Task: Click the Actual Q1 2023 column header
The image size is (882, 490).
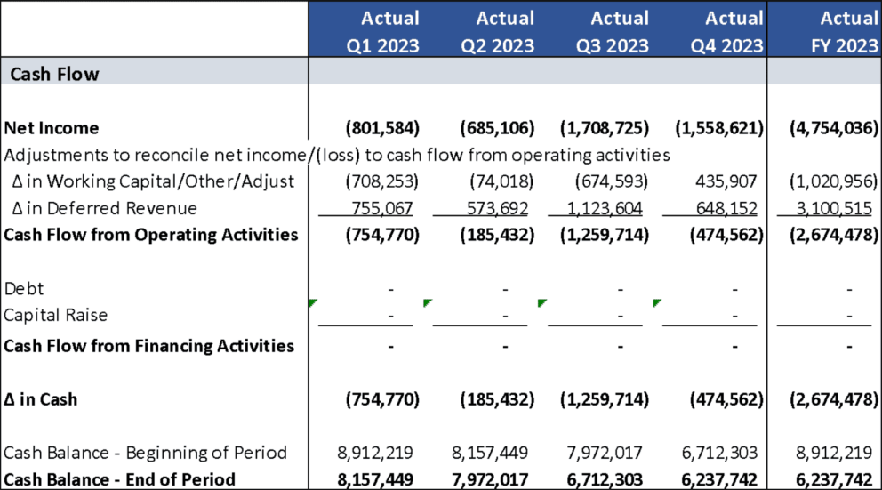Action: click(x=366, y=31)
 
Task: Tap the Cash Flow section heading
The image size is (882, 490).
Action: click(x=54, y=74)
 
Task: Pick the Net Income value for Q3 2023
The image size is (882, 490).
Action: click(x=604, y=128)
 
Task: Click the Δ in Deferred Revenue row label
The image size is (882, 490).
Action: click(x=100, y=208)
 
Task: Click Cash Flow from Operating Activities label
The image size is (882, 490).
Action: click(x=150, y=235)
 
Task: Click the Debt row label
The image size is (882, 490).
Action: click(x=24, y=288)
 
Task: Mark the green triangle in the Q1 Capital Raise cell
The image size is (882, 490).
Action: click(x=312, y=303)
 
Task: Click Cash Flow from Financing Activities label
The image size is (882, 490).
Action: click(x=148, y=345)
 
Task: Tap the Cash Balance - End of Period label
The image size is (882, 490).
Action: click(x=120, y=479)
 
